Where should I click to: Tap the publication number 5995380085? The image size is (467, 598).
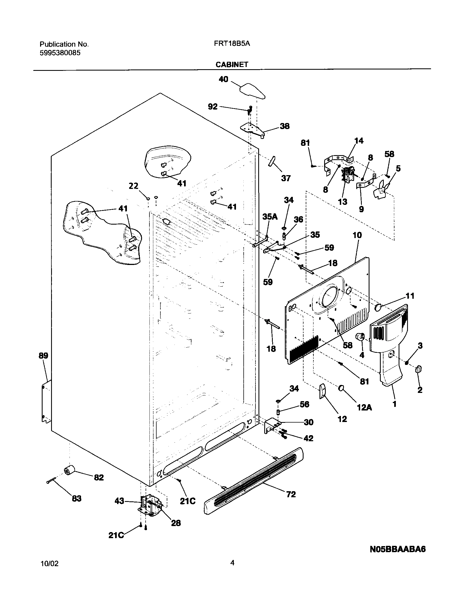pyautogui.click(x=60, y=53)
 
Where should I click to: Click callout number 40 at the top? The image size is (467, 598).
pyautogui.click(x=223, y=79)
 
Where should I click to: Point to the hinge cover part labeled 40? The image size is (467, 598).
pyautogui.click(x=253, y=91)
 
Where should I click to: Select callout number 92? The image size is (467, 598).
pyautogui.click(x=213, y=107)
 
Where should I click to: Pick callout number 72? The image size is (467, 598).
pyautogui.click(x=291, y=494)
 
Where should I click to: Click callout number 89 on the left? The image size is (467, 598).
pyautogui.click(x=43, y=356)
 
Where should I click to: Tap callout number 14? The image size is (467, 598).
pyautogui.click(x=359, y=141)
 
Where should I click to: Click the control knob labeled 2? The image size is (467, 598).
pyautogui.click(x=418, y=369)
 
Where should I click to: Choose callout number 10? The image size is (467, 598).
pyautogui.click(x=357, y=235)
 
